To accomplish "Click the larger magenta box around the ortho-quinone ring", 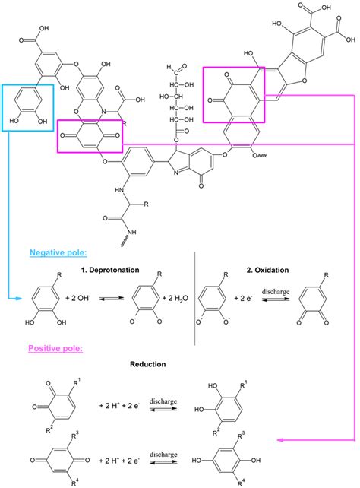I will click(234, 93).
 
